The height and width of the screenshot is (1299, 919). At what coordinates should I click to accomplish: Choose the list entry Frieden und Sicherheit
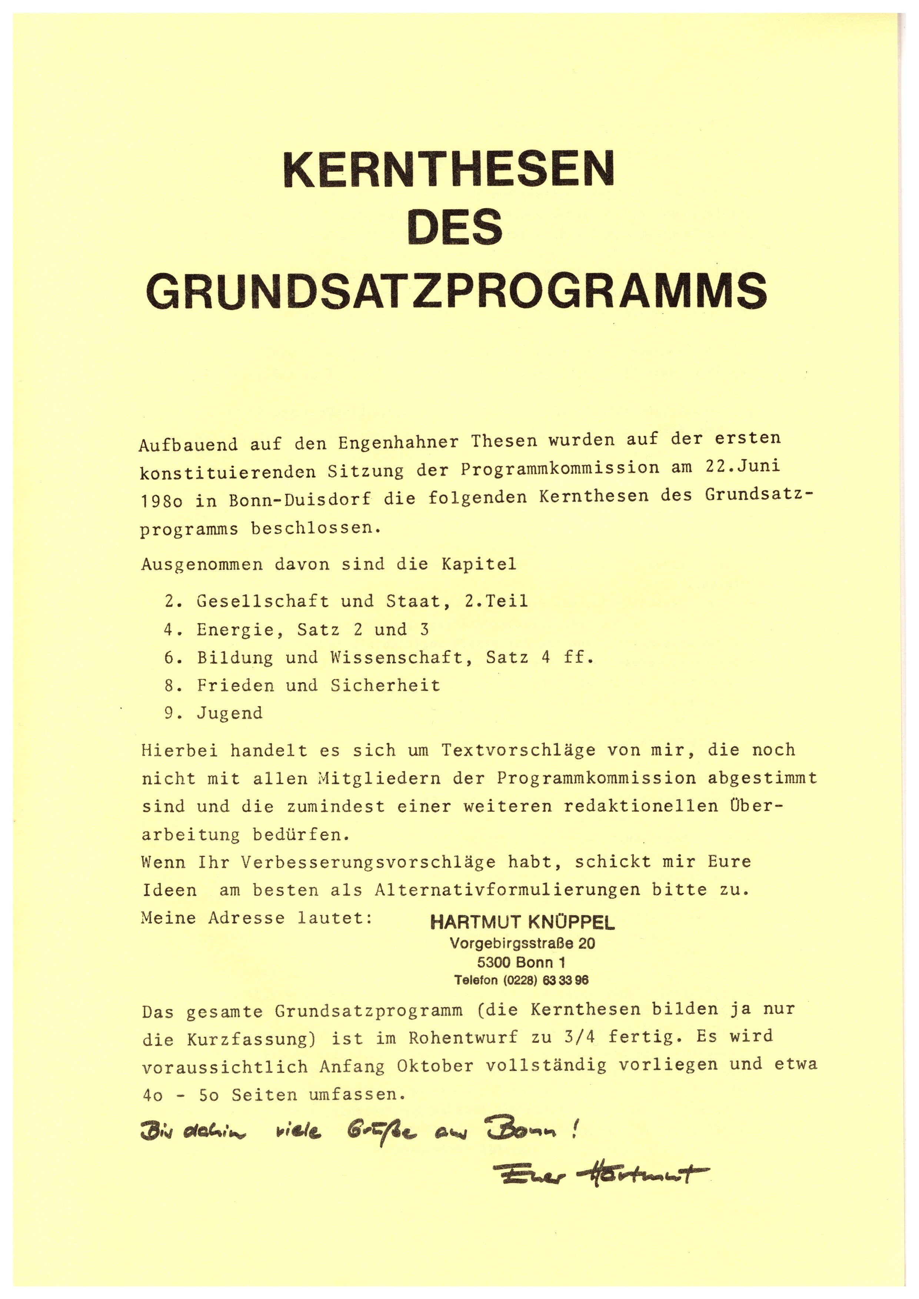pos(318,685)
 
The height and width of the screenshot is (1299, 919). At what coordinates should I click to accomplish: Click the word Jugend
pos(230,713)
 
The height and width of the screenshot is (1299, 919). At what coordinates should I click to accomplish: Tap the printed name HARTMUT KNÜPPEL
pos(522,924)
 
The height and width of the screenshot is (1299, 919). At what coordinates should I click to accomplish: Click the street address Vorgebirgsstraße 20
pos(522,944)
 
